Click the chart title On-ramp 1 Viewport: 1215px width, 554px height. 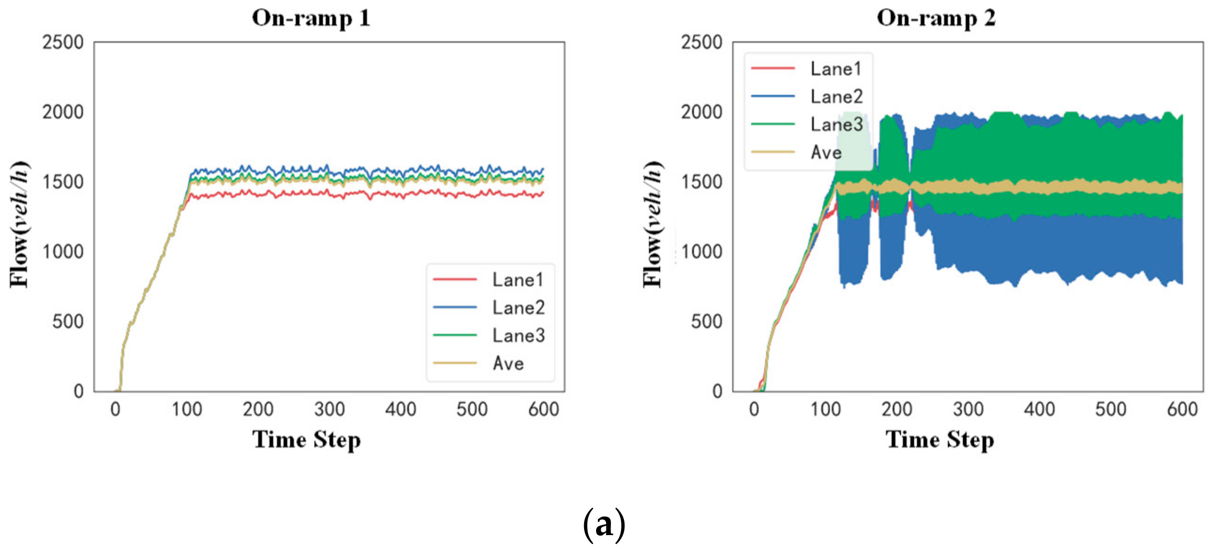(x=311, y=18)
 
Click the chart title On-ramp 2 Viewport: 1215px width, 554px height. (x=936, y=18)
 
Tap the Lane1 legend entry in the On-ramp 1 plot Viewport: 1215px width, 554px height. (x=517, y=280)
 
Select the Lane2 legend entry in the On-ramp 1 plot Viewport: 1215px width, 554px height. (x=518, y=308)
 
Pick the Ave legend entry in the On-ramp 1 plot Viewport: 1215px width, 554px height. (x=508, y=364)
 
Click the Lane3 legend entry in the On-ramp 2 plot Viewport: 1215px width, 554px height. (x=836, y=125)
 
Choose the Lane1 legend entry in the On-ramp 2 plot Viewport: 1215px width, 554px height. (x=836, y=69)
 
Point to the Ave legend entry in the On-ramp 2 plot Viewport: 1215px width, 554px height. (x=826, y=152)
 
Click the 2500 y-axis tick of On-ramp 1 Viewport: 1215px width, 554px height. (x=63, y=42)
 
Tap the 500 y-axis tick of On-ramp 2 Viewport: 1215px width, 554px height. (x=706, y=322)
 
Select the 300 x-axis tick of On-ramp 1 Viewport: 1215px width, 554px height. (x=329, y=410)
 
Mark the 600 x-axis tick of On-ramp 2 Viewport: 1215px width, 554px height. (x=1182, y=410)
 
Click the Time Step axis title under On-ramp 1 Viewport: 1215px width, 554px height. (x=306, y=440)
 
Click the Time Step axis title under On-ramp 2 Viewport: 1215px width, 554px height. (x=940, y=440)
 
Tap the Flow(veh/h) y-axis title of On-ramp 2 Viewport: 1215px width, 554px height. (x=653, y=224)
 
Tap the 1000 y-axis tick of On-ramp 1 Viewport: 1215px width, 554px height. (x=63, y=252)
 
